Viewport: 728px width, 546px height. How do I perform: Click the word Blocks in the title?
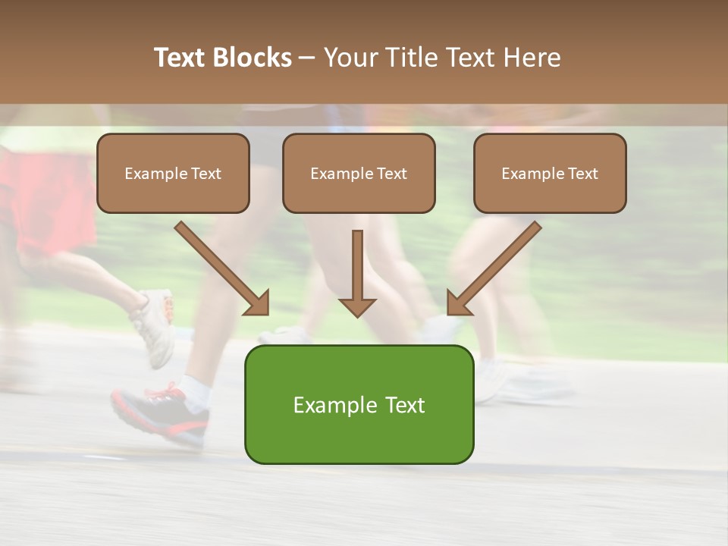[253, 58]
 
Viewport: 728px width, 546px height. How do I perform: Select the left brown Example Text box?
[173, 173]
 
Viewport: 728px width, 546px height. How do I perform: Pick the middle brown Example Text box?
[359, 173]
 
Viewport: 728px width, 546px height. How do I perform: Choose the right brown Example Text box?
[550, 173]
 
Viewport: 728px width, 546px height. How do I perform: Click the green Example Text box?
[359, 404]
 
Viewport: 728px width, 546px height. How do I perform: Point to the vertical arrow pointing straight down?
[357, 273]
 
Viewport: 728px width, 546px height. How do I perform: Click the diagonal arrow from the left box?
[221, 268]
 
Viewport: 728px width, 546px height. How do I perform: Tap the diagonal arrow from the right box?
[494, 268]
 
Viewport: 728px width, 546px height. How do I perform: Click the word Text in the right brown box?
[583, 174]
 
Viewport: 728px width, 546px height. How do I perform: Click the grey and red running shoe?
[160, 413]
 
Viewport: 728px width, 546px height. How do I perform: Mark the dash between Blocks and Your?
[307, 58]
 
